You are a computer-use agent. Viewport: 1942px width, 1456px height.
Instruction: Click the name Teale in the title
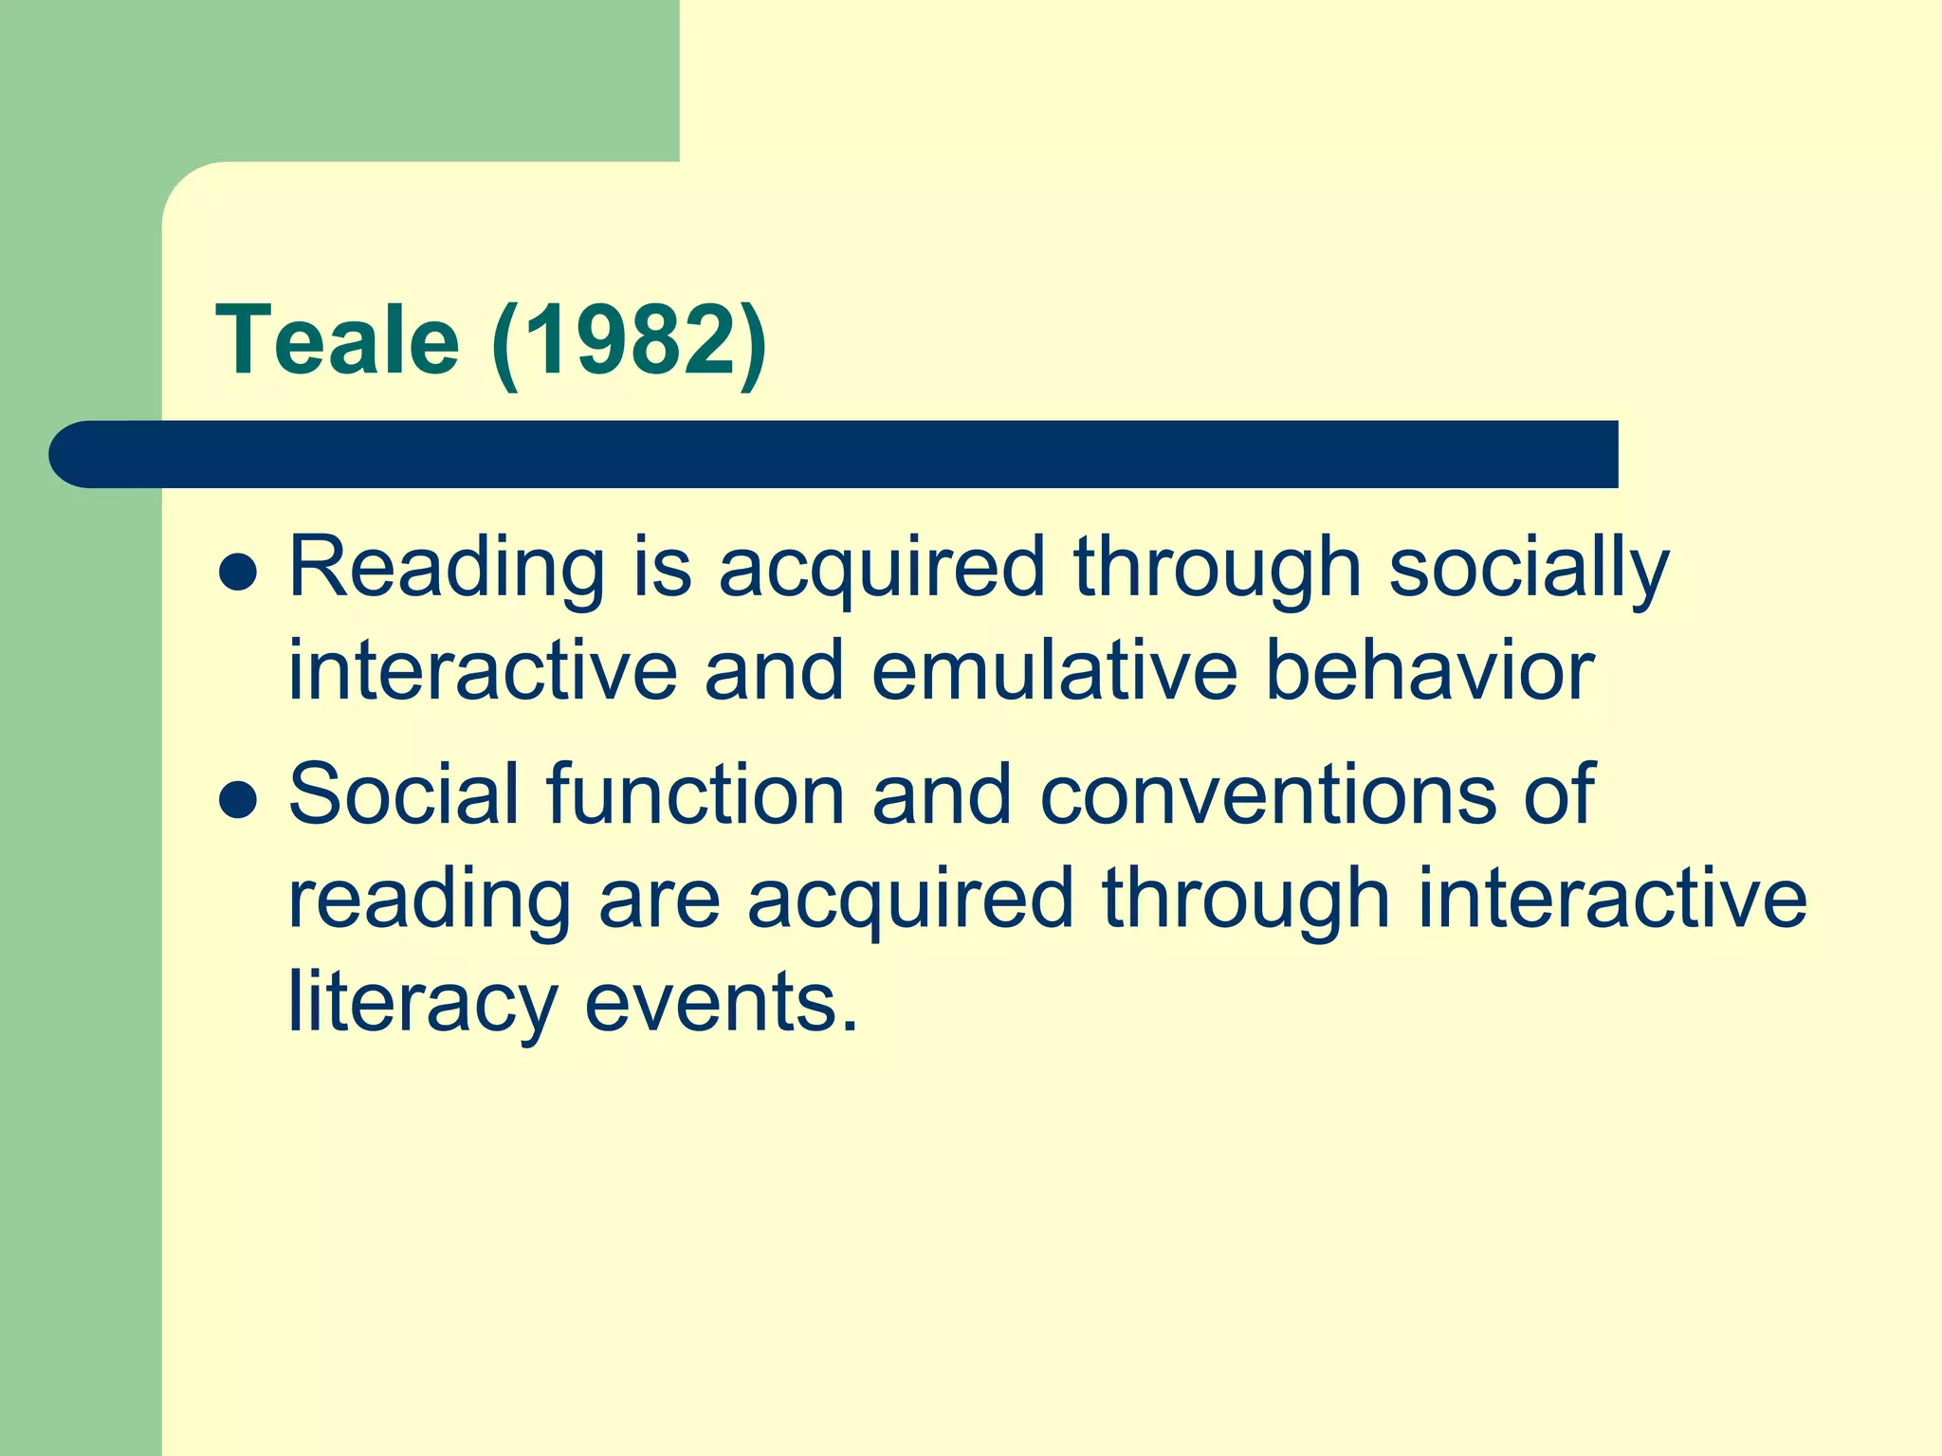point(338,340)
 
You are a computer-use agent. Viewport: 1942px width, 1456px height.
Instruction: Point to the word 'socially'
point(1528,569)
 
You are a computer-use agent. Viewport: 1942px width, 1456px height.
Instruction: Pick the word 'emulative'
point(1054,671)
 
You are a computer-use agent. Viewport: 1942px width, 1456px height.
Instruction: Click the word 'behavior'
point(1430,671)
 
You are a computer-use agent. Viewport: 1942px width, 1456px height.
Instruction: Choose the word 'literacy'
point(422,1003)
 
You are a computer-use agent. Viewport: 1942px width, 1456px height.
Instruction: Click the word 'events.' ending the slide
point(721,1003)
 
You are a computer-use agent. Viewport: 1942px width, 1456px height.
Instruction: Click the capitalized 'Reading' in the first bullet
point(446,569)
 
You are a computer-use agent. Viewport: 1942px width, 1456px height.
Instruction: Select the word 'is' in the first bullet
point(662,569)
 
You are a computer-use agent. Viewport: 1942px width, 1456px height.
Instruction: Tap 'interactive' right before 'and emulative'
point(483,671)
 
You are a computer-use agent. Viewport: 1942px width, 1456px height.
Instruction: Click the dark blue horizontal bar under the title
point(853,455)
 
